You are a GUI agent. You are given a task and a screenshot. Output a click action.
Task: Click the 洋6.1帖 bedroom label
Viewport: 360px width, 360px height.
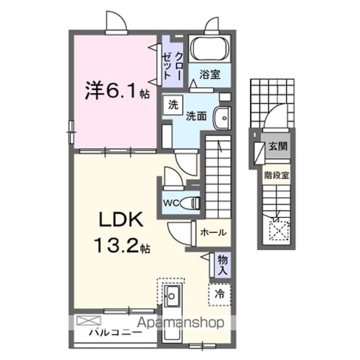tap(117, 91)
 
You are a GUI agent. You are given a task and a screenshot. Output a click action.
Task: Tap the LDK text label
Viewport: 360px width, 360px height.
tap(121, 219)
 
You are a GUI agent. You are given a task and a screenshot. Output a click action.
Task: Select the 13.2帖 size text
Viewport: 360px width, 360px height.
tap(122, 245)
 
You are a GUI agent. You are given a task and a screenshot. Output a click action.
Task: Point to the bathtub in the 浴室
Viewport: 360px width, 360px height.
tap(209, 48)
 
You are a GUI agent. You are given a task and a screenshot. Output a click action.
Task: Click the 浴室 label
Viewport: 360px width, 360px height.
tap(210, 74)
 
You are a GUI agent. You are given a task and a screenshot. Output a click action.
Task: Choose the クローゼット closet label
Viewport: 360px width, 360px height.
tap(172, 66)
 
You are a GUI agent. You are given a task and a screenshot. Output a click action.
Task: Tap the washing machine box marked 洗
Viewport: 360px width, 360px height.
tap(173, 105)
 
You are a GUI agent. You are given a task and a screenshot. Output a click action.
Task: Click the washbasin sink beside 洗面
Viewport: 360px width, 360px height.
tap(221, 118)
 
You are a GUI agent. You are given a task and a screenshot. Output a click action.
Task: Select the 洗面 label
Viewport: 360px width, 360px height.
tap(196, 116)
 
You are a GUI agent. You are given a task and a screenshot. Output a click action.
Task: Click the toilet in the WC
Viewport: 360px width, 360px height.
tap(190, 203)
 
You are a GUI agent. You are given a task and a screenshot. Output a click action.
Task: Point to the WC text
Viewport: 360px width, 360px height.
tap(171, 203)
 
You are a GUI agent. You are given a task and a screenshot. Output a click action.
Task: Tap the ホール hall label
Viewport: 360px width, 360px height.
tap(213, 233)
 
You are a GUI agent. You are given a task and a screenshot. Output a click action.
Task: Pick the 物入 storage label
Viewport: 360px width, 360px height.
tap(222, 265)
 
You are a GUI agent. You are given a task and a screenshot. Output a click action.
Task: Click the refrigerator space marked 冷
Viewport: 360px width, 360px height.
tap(219, 294)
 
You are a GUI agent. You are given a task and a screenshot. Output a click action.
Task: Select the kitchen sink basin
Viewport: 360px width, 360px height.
tap(172, 295)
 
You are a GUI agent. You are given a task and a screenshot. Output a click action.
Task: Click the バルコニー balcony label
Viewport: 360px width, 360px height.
tap(115, 332)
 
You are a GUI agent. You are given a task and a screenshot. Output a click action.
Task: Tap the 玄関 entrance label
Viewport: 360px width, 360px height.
tap(278, 146)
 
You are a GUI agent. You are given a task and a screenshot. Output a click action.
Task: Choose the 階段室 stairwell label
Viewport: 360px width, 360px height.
tap(276, 175)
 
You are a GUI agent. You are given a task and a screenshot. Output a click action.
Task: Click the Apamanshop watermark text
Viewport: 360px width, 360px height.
tap(180, 323)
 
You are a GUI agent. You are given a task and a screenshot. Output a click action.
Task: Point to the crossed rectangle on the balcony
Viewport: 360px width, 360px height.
tap(88, 320)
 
